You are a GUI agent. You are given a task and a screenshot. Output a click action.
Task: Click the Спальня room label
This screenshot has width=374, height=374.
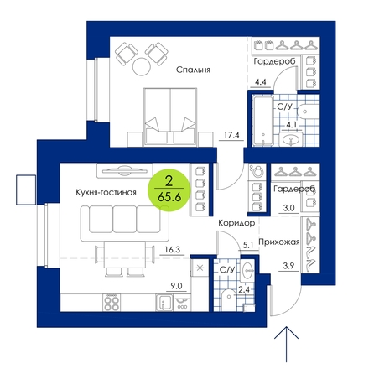click(x=193, y=70)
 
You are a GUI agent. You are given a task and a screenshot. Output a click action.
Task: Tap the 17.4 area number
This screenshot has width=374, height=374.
click(x=231, y=136)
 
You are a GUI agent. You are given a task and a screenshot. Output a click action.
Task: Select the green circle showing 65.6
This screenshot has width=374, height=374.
click(x=169, y=190)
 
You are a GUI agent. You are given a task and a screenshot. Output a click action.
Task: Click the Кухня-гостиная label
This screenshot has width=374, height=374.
click(x=106, y=192)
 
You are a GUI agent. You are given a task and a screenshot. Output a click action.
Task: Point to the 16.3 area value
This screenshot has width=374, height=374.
click(x=173, y=249)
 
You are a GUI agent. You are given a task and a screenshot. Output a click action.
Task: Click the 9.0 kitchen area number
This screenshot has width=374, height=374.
click(x=176, y=286)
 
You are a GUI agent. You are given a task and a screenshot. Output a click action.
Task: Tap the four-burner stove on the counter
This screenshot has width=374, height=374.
click(x=112, y=303)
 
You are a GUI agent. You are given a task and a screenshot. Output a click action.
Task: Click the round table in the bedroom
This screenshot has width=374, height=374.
click(x=141, y=66)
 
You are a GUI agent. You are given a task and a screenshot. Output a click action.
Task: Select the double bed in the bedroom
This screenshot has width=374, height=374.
click(x=170, y=117)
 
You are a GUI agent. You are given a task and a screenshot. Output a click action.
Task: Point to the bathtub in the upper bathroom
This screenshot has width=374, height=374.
click(x=262, y=121)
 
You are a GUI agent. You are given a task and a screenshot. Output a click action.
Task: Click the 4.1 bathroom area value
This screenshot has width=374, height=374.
click(x=291, y=125)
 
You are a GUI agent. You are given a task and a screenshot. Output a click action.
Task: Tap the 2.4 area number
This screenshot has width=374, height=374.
click(x=244, y=290)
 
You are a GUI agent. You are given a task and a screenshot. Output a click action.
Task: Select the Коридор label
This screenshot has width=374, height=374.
click(x=236, y=223)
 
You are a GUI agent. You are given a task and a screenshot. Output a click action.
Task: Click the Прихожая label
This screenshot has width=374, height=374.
click(x=279, y=242)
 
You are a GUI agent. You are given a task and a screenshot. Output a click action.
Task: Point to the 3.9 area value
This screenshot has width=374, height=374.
click(x=288, y=266)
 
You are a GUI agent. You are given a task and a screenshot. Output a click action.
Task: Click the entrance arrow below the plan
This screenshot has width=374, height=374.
click(x=286, y=345)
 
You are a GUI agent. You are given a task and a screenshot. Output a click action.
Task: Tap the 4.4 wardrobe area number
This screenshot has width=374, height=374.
click(x=260, y=82)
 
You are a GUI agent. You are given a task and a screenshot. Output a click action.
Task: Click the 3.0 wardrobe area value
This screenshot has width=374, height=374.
click(x=288, y=208)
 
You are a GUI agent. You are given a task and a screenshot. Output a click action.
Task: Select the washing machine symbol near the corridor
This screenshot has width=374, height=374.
click(x=257, y=171)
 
